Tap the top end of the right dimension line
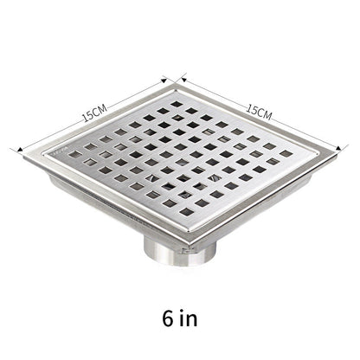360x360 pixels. pos(182,80)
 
